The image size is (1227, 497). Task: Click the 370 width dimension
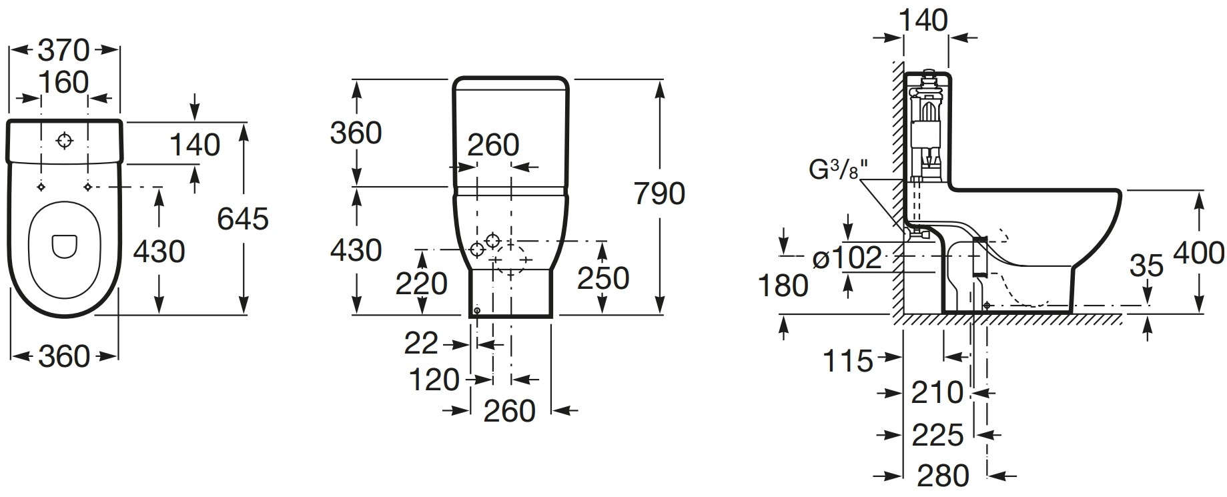pos(63,50)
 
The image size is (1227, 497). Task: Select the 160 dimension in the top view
pos(63,82)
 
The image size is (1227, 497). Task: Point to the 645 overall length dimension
pos(243,218)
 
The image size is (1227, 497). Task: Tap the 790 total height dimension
pos(659,193)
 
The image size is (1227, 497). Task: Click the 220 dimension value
pos(422,284)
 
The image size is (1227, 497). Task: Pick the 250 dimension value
pos(603,278)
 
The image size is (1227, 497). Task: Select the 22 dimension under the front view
pos(421,344)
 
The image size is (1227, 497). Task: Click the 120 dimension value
pos(434,380)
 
